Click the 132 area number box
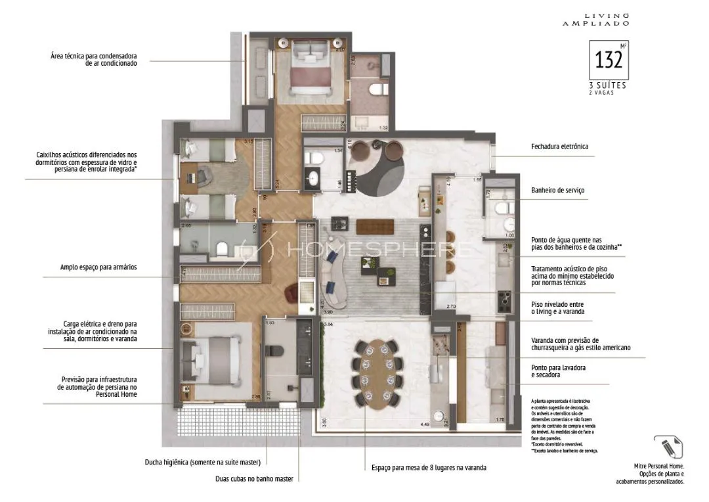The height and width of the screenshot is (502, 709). [x=609, y=60]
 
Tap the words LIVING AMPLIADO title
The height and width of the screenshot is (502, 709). [x=596, y=19]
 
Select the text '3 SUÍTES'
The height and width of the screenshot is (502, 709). [x=608, y=85]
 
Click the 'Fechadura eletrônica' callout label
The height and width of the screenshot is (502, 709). [x=559, y=147]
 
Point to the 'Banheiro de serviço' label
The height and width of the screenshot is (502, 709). [x=557, y=191]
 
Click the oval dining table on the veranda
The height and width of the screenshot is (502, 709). [x=372, y=373]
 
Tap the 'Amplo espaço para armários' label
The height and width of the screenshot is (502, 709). [x=98, y=267]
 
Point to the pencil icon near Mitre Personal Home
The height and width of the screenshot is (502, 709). [x=668, y=447]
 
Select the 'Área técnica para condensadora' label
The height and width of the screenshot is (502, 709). [x=94, y=60]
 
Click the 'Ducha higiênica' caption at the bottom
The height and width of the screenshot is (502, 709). [x=203, y=462]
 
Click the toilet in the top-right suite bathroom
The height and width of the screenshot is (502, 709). [x=379, y=90]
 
